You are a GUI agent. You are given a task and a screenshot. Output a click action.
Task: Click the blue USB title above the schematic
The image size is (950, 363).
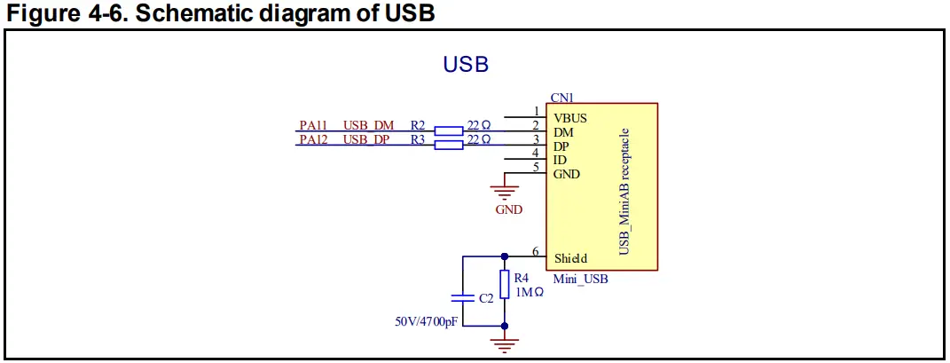(466, 64)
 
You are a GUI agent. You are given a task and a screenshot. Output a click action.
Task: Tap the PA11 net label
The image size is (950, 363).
(312, 125)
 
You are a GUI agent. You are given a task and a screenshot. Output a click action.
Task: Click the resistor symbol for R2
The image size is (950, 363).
(449, 130)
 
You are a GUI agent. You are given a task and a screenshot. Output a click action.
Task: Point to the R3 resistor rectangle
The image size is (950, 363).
(449, 145)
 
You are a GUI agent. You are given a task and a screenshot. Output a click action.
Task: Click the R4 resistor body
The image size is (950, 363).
(504, 284)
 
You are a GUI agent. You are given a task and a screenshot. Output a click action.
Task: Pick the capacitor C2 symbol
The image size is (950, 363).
(463, 298)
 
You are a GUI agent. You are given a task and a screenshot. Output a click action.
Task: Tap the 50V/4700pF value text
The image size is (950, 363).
(426, 321)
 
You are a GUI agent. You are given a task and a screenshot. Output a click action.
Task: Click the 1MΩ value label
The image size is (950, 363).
(529, 293)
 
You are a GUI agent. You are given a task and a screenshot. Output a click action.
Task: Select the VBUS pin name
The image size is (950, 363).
(569, 118)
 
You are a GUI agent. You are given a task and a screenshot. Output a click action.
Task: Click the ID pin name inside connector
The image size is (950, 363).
(560, 161)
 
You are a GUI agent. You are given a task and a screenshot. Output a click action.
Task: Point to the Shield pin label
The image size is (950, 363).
(570, 259)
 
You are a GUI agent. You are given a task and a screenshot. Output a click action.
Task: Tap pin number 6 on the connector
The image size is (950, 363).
(536, 251)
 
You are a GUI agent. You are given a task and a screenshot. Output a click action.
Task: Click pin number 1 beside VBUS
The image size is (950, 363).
(536, 111)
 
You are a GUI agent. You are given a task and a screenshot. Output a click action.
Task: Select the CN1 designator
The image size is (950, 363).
(561, 98)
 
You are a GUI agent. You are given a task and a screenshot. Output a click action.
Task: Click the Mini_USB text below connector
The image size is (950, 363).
(580, 280)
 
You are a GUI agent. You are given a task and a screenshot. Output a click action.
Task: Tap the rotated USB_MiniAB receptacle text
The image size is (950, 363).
(626, 190)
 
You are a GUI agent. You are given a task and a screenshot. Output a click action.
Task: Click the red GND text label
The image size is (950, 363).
(508, 210)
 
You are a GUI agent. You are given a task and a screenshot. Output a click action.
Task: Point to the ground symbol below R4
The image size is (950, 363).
(504, 343)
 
